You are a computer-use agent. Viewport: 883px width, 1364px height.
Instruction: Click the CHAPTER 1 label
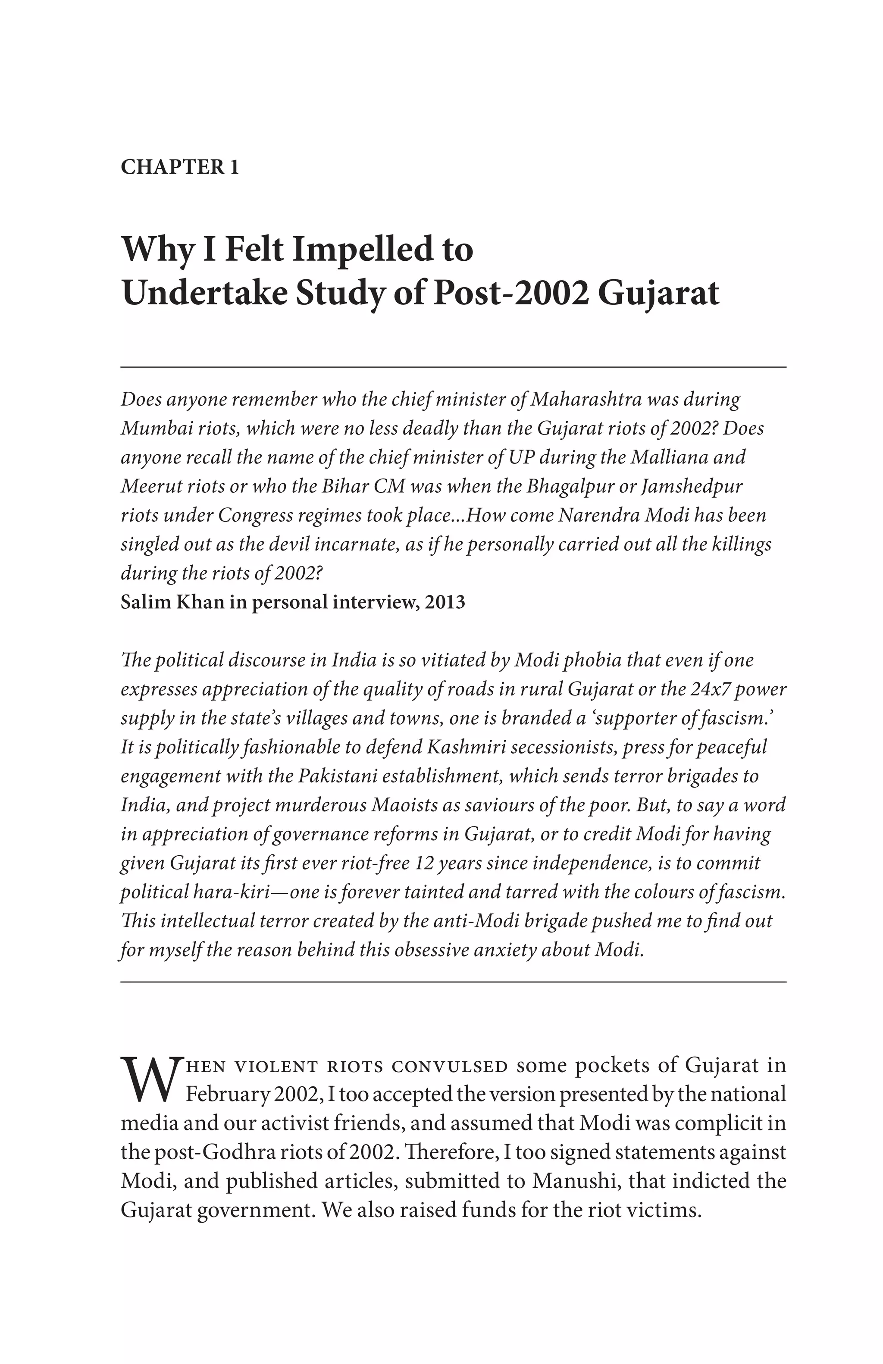pos(179,167)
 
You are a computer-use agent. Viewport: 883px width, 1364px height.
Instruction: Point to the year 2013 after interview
pos(444,602)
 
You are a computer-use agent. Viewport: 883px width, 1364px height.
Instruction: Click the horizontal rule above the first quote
pos(453,367)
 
